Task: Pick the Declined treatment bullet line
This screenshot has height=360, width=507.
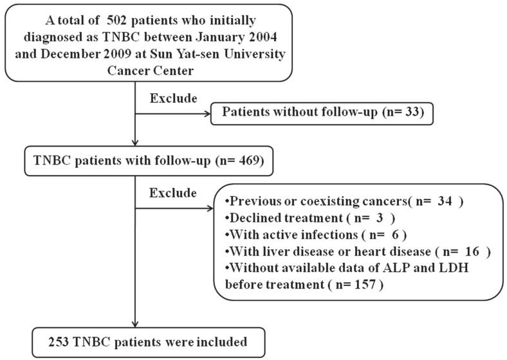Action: click(311, 217)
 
